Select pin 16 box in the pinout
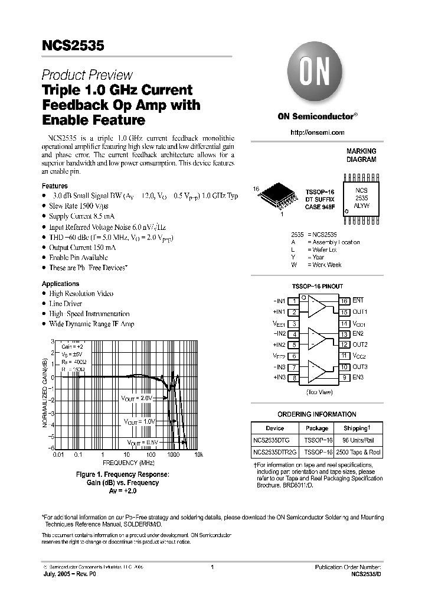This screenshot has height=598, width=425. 344,301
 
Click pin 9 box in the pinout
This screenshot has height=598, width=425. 344,378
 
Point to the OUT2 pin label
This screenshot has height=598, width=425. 360,344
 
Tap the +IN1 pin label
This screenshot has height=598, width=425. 279,312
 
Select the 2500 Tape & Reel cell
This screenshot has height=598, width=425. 359,452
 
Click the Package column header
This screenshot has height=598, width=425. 317,428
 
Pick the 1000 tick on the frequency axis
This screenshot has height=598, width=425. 173,455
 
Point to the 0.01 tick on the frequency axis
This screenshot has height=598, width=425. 58,455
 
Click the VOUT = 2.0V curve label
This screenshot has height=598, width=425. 138,398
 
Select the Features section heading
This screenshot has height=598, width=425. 54,186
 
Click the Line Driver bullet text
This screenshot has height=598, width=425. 66,304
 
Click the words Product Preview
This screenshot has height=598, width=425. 87,75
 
